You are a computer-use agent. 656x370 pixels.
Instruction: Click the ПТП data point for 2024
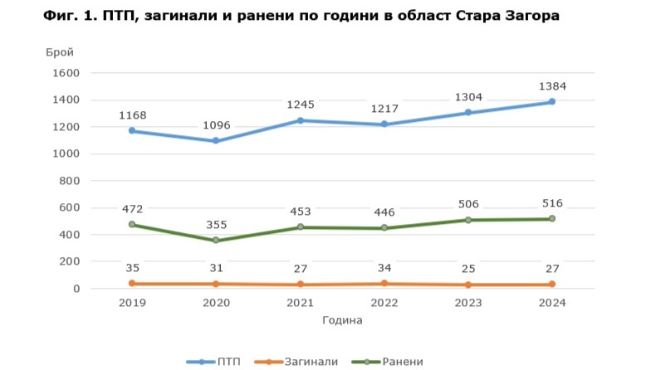tap(551, 102)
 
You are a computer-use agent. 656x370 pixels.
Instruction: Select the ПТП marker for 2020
tap(215, 141)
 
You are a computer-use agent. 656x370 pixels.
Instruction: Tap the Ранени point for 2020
tap(215, 241)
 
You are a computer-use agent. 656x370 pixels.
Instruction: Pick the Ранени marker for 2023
tap(468, 220)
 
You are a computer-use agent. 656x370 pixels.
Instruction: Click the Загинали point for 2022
tap(384, 284)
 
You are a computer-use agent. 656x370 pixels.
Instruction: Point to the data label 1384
tap(551, 86)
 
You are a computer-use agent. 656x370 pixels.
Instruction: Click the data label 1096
tap(215, 125)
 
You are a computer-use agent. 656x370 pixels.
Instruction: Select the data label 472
tap(131, 209)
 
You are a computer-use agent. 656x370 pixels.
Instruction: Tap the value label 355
tap(215, 225)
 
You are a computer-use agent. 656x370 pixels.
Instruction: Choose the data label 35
tap(131, 268)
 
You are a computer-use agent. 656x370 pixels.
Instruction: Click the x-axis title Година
tap(341, 319)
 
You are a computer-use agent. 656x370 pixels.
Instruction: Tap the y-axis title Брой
tap(60, 51)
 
